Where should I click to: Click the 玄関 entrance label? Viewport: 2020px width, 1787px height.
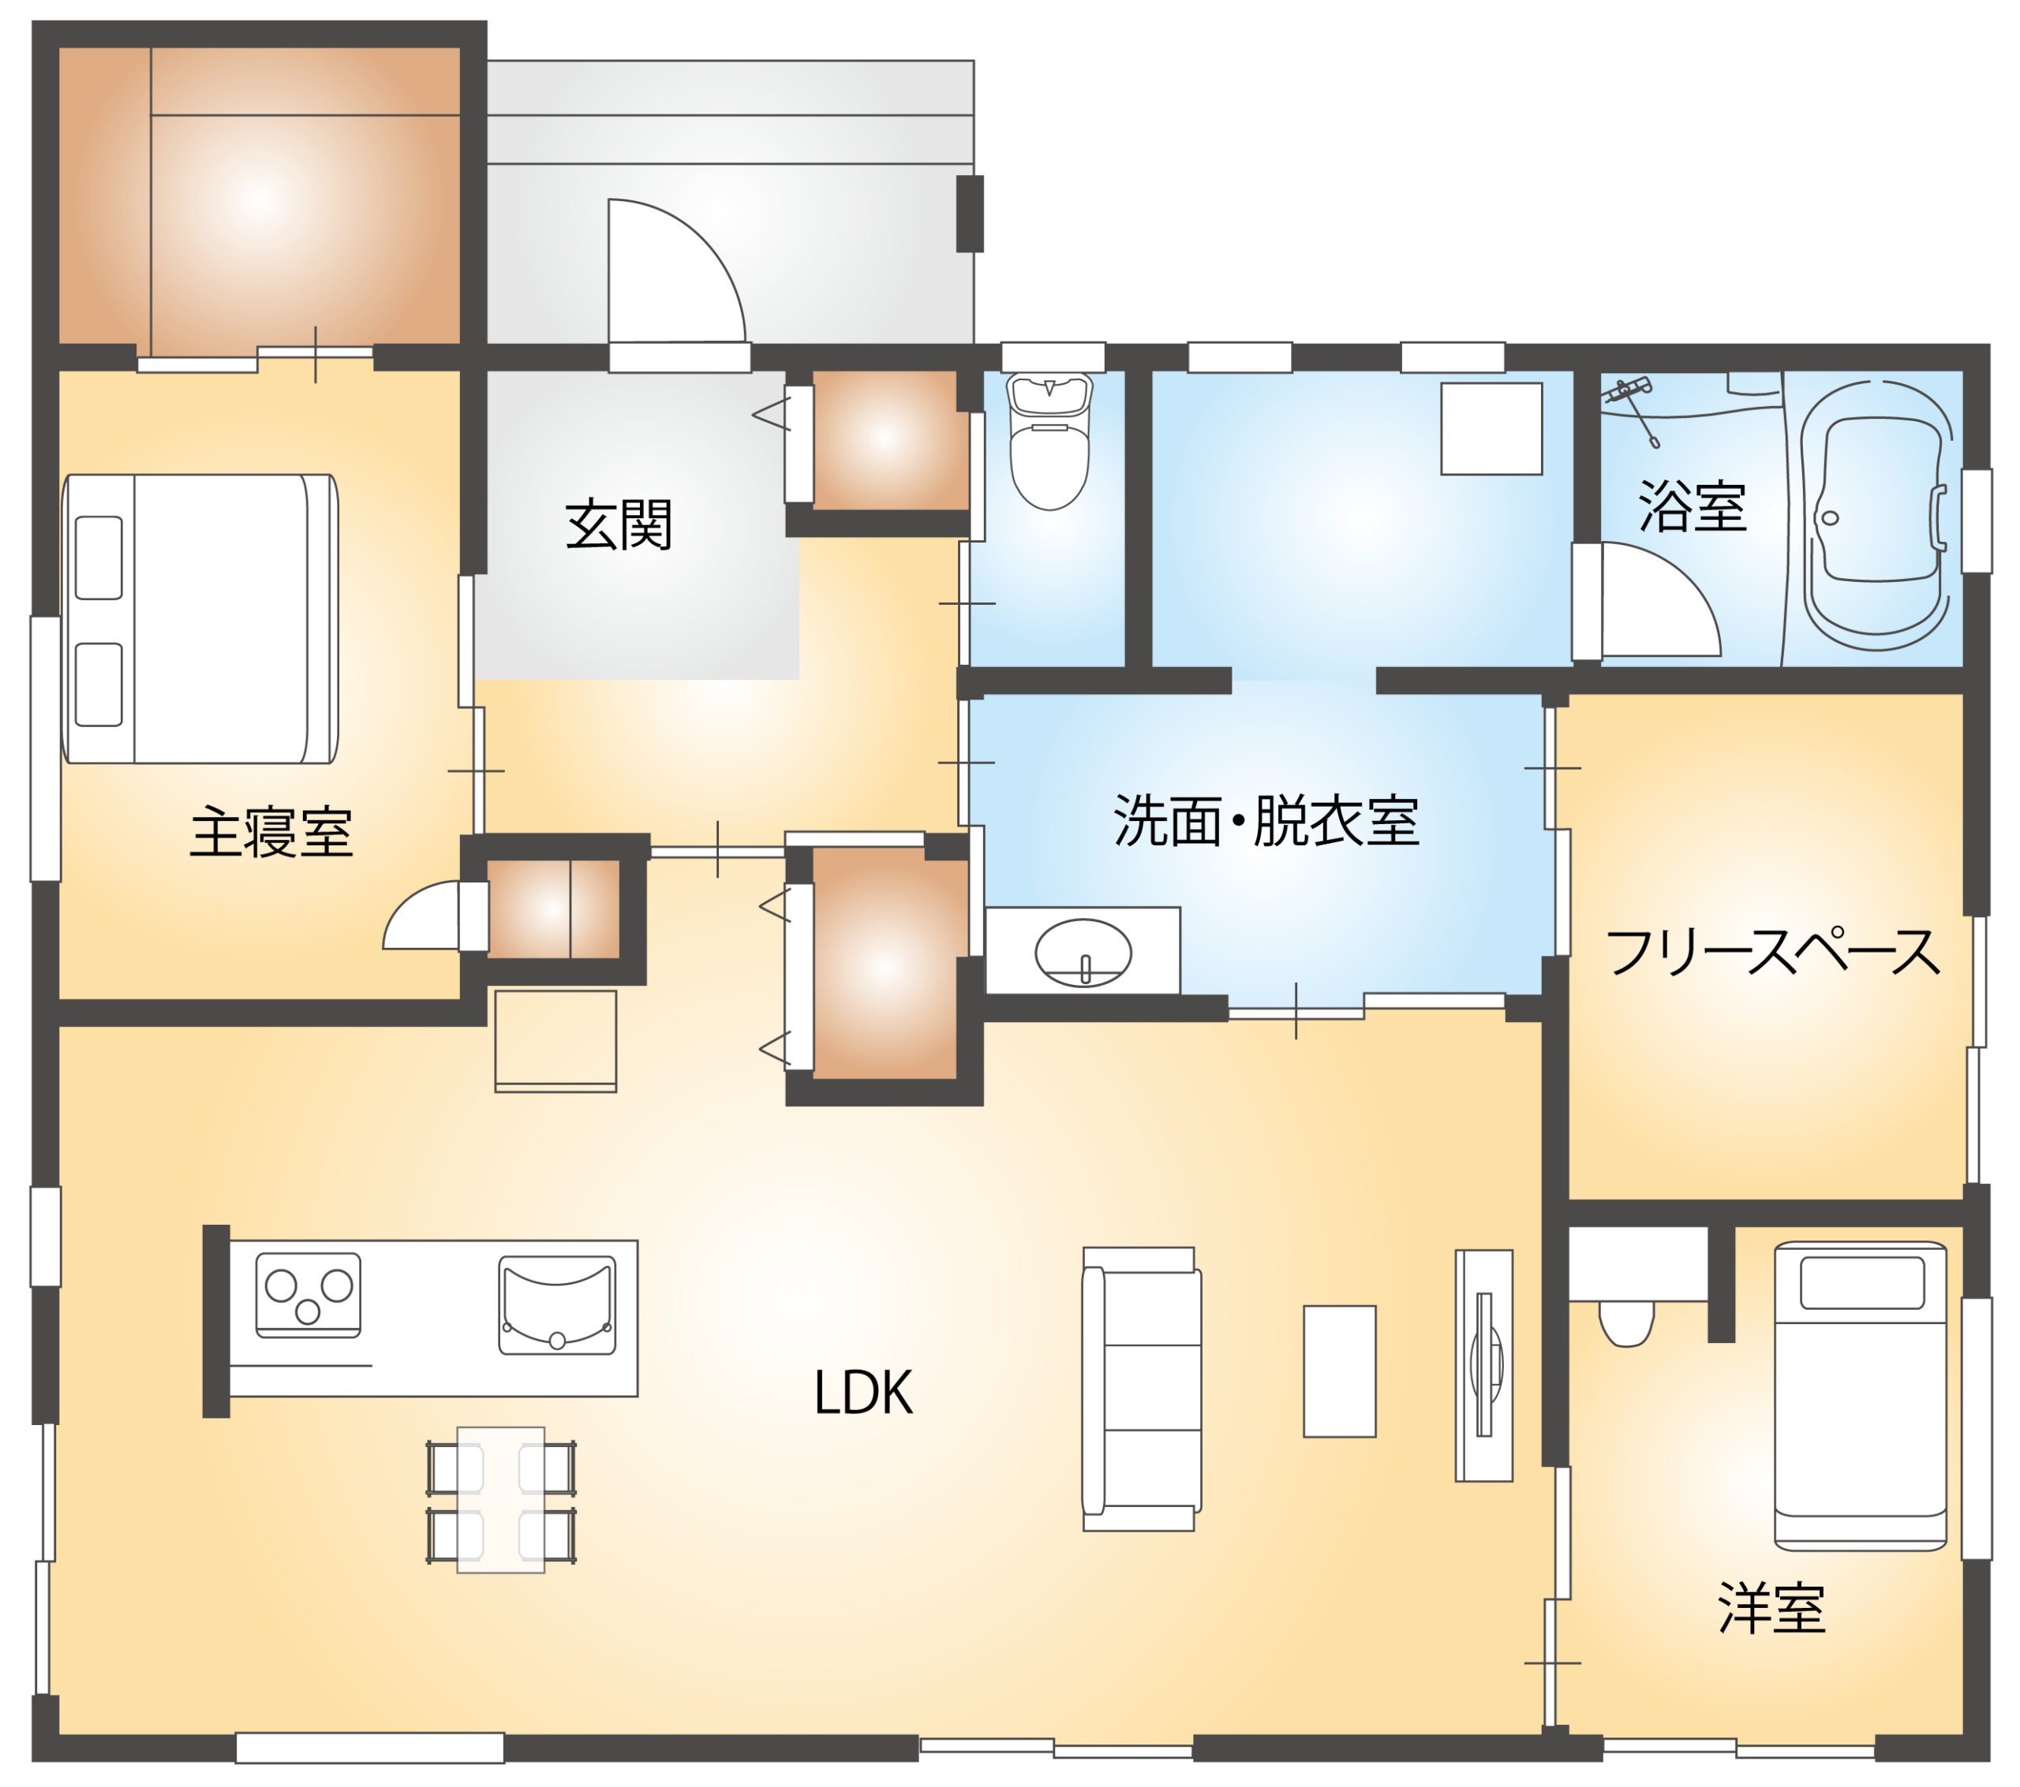(619, 524)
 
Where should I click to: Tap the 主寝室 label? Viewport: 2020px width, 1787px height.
(271, 832)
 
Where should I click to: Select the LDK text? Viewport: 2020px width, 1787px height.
(862, 1393)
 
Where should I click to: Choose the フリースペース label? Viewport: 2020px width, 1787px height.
(1772, 951)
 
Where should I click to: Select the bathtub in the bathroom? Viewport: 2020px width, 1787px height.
(1876, 515)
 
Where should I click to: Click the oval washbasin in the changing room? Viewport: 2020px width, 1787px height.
(1083, 953)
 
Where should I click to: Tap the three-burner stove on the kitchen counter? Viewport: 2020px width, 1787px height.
(308, 1295)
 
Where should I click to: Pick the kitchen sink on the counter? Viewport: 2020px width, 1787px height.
(556, 1304)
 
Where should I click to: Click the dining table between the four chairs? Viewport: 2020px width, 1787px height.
(500, 1499)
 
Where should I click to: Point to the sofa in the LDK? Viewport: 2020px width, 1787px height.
(1142, 1389)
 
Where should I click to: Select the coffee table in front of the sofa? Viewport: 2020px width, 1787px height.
(1339, 1371)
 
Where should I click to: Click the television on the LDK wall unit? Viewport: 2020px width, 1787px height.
(1484, 1364)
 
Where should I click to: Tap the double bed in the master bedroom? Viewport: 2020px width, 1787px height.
(200, 619)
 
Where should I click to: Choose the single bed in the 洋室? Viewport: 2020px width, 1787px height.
(1860, 1396)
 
